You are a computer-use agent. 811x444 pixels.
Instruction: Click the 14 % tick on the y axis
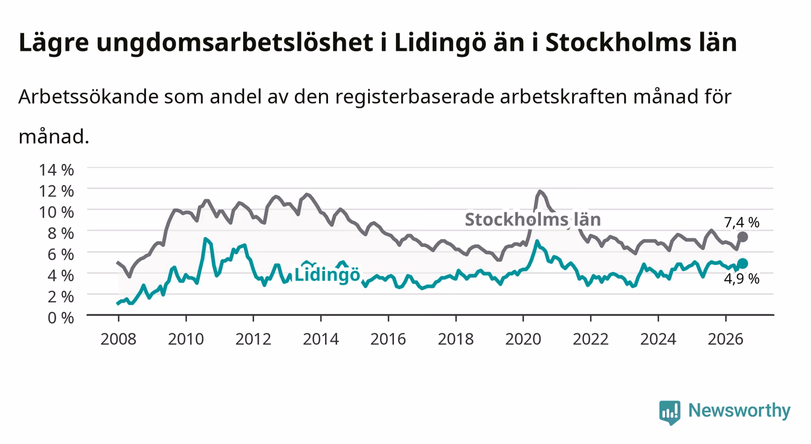click(x=56, y=170)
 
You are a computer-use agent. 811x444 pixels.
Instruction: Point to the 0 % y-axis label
click(x=61, y=318)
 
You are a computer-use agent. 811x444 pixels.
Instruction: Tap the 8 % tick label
click(x=61, y=233)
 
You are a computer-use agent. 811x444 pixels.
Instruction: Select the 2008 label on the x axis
click(x=118, y=339)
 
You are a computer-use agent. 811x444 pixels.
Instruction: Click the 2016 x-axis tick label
click(x=388, y=339)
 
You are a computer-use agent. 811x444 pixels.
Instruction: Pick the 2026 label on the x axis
click(x=726, y=339)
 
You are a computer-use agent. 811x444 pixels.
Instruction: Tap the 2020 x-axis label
click(x=523, y=339)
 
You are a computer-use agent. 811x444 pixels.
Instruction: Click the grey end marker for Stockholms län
click(x=743, y=237)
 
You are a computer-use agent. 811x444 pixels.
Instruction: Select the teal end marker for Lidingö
click(x=743, y=263)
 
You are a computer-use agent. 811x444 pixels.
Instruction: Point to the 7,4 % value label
click(x=741, y=223)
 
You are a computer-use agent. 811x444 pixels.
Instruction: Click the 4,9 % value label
click(x=741, y=279)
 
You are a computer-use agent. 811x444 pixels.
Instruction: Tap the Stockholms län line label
click(x=533, y=220)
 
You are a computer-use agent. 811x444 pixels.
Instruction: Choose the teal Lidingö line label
click(x=327, y=275)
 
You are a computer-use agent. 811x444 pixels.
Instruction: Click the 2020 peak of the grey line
click(x=540, y=191)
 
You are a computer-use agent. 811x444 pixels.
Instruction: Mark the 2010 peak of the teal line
click(x=205, y=238)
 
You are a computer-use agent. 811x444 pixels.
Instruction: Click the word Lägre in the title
click(x=54, y=43)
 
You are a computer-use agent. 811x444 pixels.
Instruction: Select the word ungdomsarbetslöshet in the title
click(x=235, y=43)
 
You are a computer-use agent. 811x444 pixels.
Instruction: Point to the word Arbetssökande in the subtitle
click(x=88, y=97)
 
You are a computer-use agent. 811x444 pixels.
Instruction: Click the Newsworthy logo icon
click(x=670, y=412)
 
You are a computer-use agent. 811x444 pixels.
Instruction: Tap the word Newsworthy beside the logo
click(x=740, y=411)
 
